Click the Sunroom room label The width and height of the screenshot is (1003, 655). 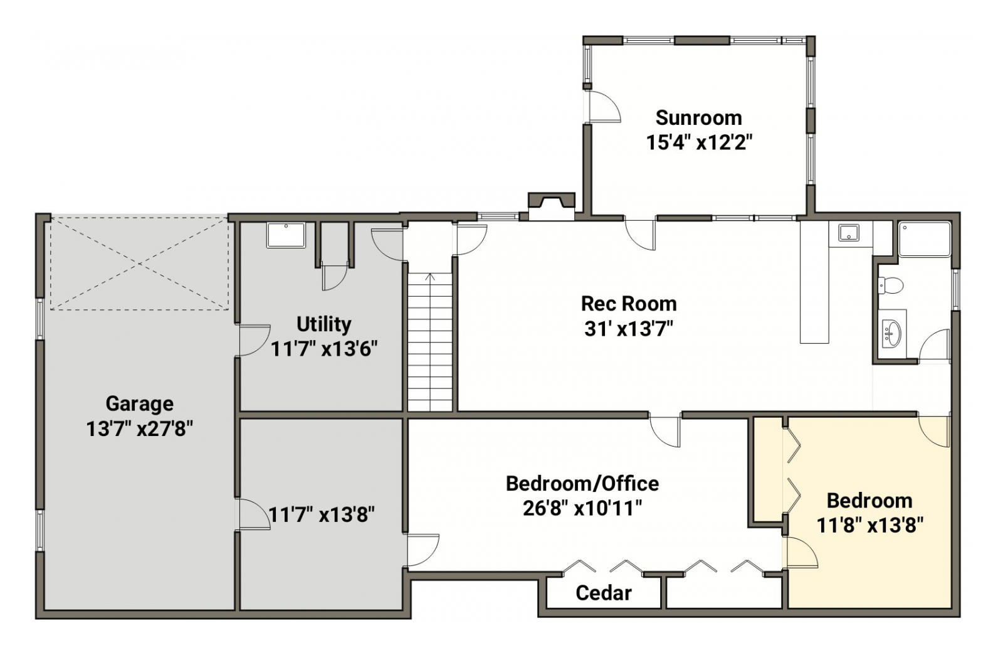[698, 119]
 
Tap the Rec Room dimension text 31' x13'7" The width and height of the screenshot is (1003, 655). [629, 329]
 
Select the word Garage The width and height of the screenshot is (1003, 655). [139, 404]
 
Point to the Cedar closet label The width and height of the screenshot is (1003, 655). [604, 593]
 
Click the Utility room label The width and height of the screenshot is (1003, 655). [323, 324]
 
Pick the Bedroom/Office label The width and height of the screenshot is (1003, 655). [582, 484]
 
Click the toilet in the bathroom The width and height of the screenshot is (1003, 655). [890, 285]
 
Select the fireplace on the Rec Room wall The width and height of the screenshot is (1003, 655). [551, 206]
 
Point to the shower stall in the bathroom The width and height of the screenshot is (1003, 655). [924, 239]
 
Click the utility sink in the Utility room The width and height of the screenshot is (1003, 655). [286, 235]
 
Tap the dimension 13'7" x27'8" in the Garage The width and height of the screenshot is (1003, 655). [139, 429]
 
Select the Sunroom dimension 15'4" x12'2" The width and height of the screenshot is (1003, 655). [698, 143]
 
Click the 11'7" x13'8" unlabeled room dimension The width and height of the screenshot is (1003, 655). [322, 514]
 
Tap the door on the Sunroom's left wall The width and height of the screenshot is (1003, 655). [604, 107]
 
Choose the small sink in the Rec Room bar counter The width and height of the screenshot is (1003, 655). [849, 233]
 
